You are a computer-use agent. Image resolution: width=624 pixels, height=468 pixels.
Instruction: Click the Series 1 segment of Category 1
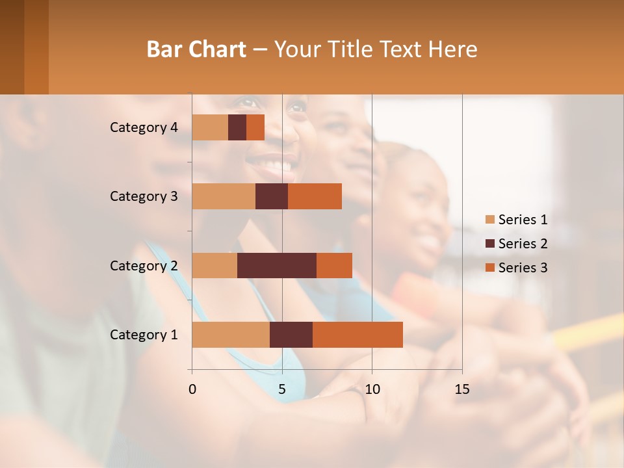(x=231, y=335)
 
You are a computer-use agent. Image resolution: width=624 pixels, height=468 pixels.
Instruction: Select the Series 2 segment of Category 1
(x=291, y=335)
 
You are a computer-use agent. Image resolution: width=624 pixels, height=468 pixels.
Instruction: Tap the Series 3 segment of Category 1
(x=357, y=335)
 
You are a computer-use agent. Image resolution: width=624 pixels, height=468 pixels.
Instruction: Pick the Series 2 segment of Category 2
(x=277, y=265)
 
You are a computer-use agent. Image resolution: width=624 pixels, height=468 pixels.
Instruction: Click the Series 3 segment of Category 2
(x=334, y=265)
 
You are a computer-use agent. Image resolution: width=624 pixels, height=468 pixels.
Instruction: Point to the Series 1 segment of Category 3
(x=224, y=196)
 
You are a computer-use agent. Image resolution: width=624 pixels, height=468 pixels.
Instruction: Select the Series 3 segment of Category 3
(x=315, y=196)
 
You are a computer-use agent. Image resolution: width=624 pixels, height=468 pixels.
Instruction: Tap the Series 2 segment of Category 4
(x=237, y=127)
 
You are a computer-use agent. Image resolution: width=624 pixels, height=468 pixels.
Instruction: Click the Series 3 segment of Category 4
(x=255, y=127)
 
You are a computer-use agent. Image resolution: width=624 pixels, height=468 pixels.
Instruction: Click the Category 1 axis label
(x=144, y=335)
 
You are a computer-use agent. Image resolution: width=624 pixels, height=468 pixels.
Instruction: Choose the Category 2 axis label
(x=144, y=265)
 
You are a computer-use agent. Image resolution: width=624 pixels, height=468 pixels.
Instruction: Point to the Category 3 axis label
(x=144, y=196)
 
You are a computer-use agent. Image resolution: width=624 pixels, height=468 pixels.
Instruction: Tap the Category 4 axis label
(x=144, y=127)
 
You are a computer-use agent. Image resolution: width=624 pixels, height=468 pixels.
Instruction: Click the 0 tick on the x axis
(x=192, y=389)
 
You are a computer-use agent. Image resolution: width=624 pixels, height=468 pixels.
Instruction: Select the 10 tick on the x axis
(x=372, y=389)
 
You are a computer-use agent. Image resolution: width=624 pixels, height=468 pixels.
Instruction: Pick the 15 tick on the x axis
(x=461, y=389)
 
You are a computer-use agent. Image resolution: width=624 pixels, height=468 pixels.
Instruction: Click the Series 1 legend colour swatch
(x=489, y=220)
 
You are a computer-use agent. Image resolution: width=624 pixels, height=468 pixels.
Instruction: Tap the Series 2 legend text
(x=523, y=244)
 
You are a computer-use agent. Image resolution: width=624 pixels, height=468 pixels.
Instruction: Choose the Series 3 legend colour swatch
(x=489, y=268)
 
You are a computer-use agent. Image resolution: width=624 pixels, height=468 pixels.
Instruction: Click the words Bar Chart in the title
(x=196, y=49)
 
